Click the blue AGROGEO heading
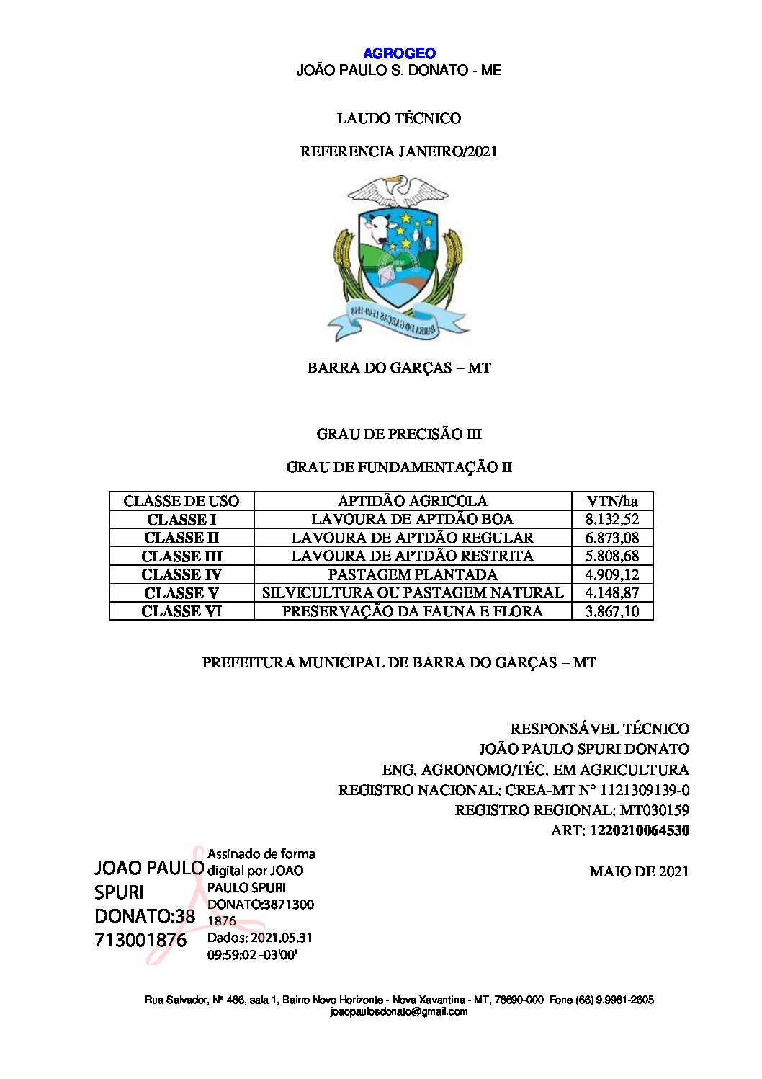(x=399, y=53)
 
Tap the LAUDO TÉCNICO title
(x=398, y=118)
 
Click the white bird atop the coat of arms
(x=398, y=191)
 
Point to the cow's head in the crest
(x=376, y=226)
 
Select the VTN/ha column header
(x=611, y=501)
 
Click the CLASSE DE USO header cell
(x=181, y=501)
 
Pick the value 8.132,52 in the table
(x=611, y=519)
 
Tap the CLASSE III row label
(x=181, y=556)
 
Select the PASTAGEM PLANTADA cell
(x=413, y=574)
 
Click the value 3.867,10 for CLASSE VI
(x=611, y=611)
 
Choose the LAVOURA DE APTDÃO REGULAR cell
(x=413, y=538)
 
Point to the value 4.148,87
(x=611, y=593)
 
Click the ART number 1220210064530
(x=639, y=830)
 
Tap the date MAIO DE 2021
(x=639, y=871)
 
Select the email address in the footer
(x=399, y=1012)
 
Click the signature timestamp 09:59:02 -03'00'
(x=252, y=955)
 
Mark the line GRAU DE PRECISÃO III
(x=398, y=434)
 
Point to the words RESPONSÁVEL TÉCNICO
(x=599, y=729)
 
